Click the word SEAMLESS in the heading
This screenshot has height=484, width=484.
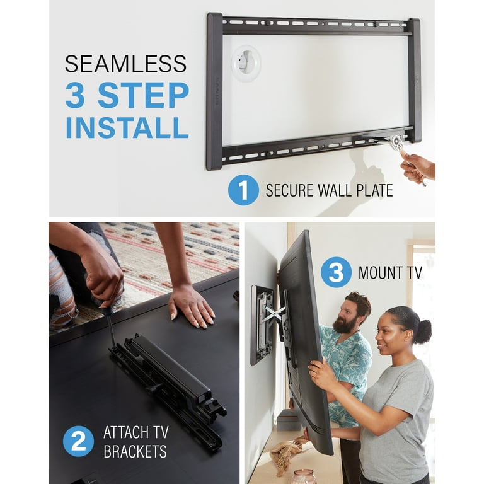[x=125, y=64]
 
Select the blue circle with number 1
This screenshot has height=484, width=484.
[x=243, y=190]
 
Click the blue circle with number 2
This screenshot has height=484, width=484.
[x=78, y=441]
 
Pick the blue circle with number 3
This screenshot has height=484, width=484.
[x=335, y=272]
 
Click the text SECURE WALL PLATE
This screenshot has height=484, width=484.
[x=329, y=190]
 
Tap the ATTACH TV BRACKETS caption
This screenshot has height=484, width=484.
[x=135, y=441]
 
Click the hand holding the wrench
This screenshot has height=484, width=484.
[x=417, y=167]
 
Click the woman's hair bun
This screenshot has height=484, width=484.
[x=423, y=331]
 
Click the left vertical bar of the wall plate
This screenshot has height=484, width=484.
[x=214, y=91]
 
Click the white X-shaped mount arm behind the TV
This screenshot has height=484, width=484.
[x=272, y=313]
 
